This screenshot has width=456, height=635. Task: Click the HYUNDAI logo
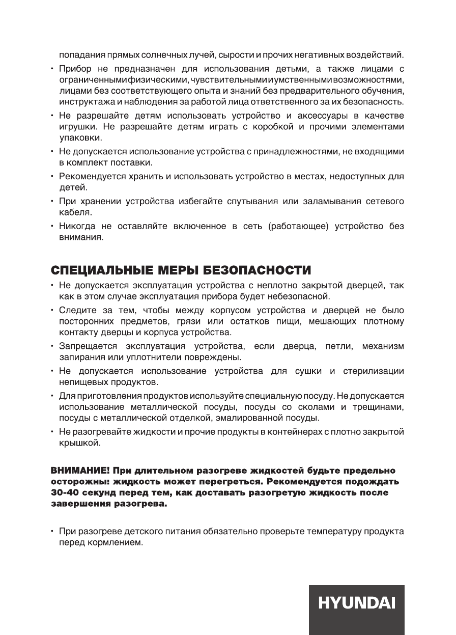357,604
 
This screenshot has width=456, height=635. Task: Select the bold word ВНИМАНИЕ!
79,469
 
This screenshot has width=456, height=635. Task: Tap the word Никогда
80,227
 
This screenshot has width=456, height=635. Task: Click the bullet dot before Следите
52,310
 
